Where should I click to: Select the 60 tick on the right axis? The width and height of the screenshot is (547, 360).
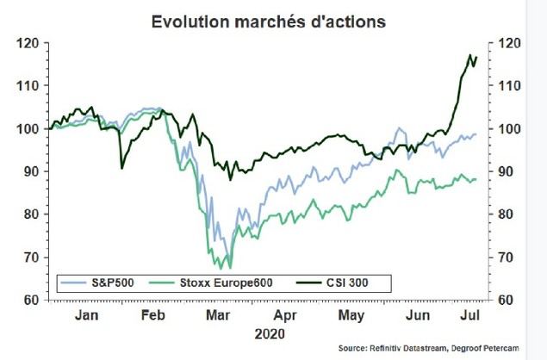coord(508,300)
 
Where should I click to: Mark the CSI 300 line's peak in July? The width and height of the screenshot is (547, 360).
coord(470,55)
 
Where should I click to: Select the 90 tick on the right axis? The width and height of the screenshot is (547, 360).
coord(508,171)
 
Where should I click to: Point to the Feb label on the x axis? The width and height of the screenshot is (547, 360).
coord(153,315)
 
